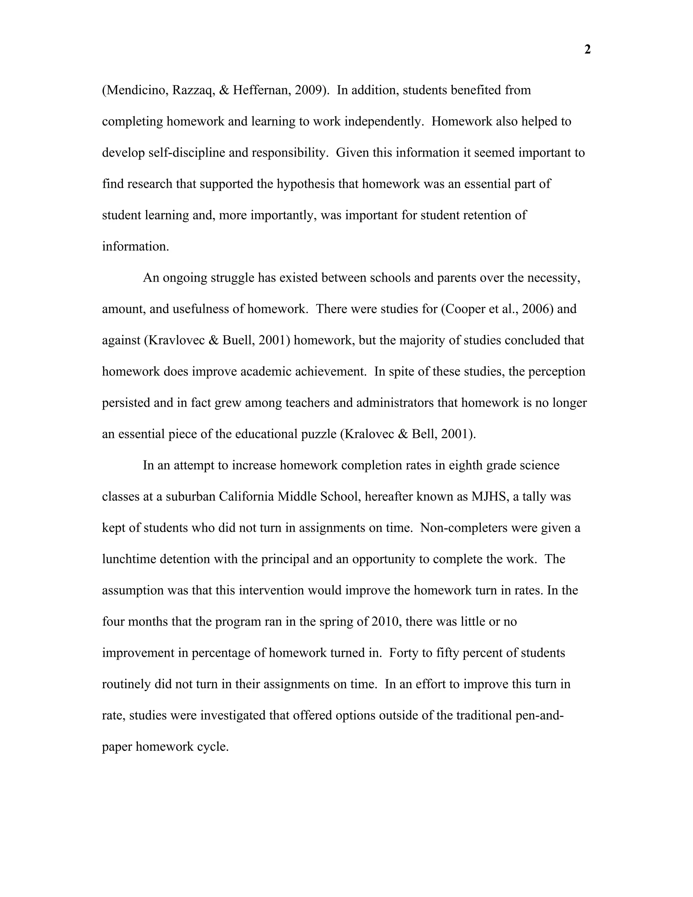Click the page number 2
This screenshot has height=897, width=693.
point(587,50)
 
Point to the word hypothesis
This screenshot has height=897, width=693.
point(306,184)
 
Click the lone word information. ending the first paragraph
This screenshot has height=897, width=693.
point(135,246)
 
